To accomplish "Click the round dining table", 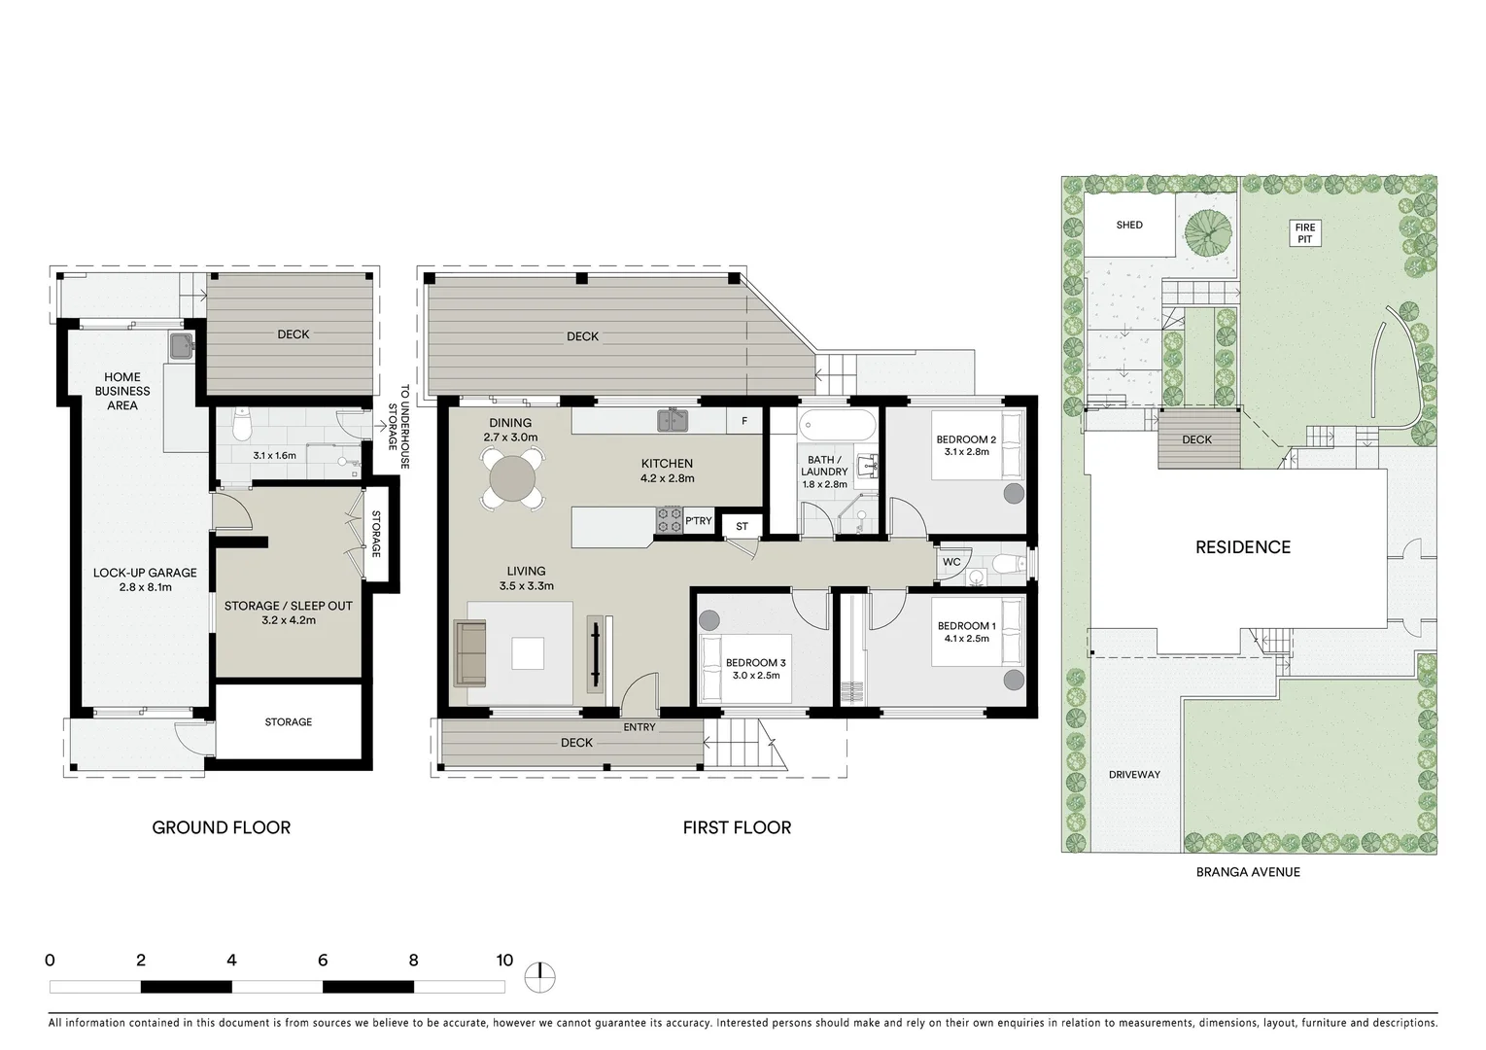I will tap(511, 478).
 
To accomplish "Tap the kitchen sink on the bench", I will tap(672, 421).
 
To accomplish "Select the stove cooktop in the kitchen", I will tap(670, 520).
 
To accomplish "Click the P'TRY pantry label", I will tap(698, 521).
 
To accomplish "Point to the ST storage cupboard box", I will tap(742, 527).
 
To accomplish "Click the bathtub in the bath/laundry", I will tap(836, 426).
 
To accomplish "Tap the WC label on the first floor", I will tap(951, 562).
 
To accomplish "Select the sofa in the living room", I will tap(471, 652).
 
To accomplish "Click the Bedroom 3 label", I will tap(755, 663).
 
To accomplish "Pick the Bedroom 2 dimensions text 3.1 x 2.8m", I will tap(965, 452).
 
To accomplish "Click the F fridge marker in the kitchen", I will tap(744, 421).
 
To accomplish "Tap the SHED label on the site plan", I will tap(1129, 225).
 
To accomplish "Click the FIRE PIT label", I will tap(1304, 233).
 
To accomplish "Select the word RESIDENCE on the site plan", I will tap(1243, 547).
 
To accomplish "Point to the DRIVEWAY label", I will tap(1134, 775).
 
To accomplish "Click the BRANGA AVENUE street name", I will tap(1248, 872).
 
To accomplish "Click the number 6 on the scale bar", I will tap(323, 961).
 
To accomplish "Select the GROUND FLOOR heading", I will tap(222, 827).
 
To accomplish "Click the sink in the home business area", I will tap(180, 345).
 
